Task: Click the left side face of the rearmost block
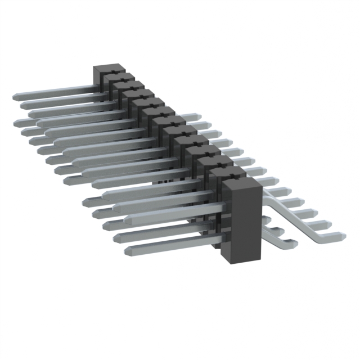tap(97, 79)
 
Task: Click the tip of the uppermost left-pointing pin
tap(15, 97)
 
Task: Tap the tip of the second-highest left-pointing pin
tap(23, 105)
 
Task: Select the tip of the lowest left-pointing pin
tap(127, 251)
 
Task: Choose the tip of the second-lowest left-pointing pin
tap(116, 238)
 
